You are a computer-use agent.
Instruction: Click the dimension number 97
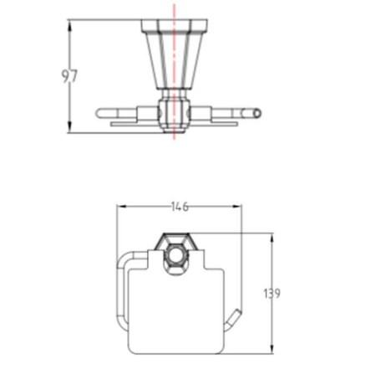69,77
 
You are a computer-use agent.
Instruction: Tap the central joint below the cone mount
175,110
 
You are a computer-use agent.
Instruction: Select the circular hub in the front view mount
178,252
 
